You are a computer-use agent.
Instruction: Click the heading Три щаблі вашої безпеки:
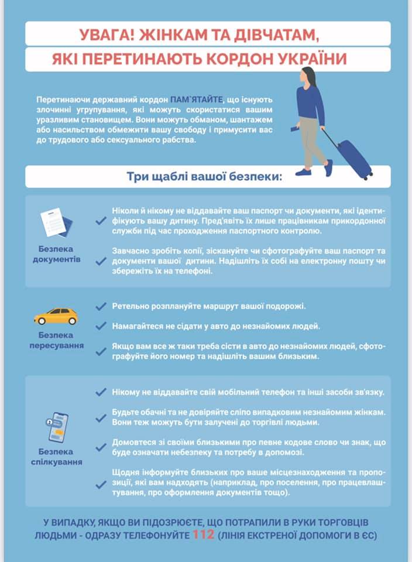click(204, 177)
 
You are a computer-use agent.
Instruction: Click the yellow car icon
click(56, 316)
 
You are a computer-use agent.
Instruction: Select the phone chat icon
click(57, 428)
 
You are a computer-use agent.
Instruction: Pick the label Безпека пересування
click(57, 340)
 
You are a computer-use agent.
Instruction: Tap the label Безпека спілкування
click(57, 457)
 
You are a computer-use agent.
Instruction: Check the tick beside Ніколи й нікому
click(101, 221)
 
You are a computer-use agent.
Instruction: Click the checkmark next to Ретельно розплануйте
click(101, 307)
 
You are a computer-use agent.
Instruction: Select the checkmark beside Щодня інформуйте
click(101, 484)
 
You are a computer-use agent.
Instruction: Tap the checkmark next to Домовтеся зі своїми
click(101, 448)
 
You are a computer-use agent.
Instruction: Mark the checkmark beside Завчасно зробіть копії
click(101, 261)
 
